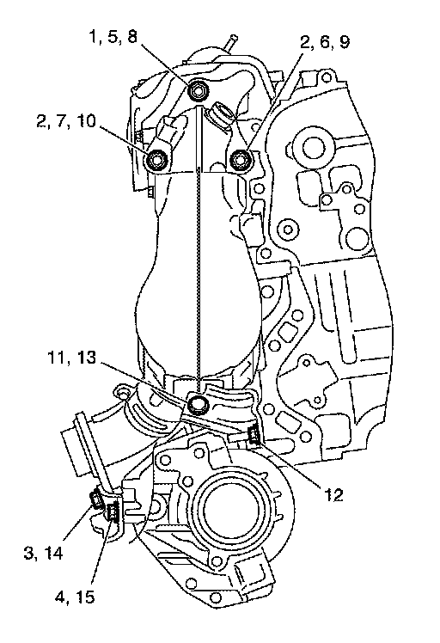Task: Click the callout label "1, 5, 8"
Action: coord(113,37)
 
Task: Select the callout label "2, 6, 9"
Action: coord(325,42)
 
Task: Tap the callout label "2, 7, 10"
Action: coord(66,121)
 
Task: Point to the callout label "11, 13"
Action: coord(71,358)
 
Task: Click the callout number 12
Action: coord(333,495)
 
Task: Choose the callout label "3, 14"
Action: coord(43,554)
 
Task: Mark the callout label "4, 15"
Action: coord(75,597)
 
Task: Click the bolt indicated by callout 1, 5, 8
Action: coord(197,90)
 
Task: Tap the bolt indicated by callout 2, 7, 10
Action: coord(157,160)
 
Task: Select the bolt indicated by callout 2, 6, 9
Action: coord(240,159)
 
